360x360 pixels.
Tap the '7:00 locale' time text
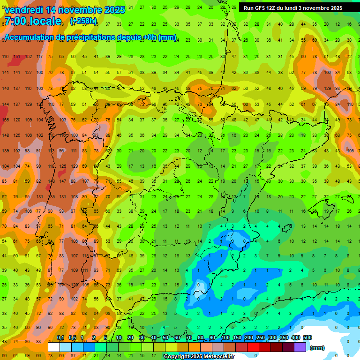[32, 21]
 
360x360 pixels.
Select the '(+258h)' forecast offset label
[83, 21]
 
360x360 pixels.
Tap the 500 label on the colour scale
[307, 338]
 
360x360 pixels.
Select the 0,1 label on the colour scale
[60, 338]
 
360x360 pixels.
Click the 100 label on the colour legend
[225, 338]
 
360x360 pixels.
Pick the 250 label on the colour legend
[260, 338]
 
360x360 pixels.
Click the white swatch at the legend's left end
[54, 347]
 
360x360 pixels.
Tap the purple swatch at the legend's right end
[300, 347]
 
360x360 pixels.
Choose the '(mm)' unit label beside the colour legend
[317, 348]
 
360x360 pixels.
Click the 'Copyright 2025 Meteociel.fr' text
[199, 357]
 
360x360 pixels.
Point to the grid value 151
[17, 57]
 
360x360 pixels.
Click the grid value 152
[28, 57]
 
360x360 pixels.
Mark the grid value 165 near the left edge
[5, 120]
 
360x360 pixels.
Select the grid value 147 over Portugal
[62, 181]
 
